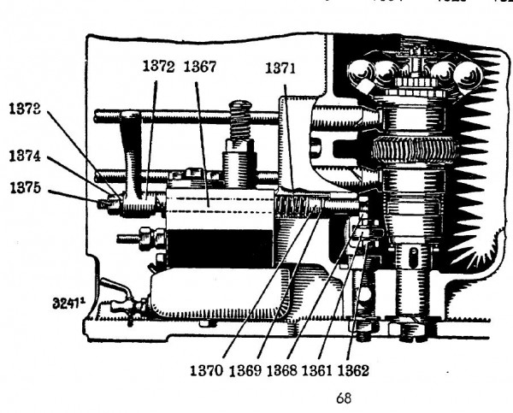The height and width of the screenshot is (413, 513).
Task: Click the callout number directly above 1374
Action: point(27,110)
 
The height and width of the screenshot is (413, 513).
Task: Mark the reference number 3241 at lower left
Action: point(66,303)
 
